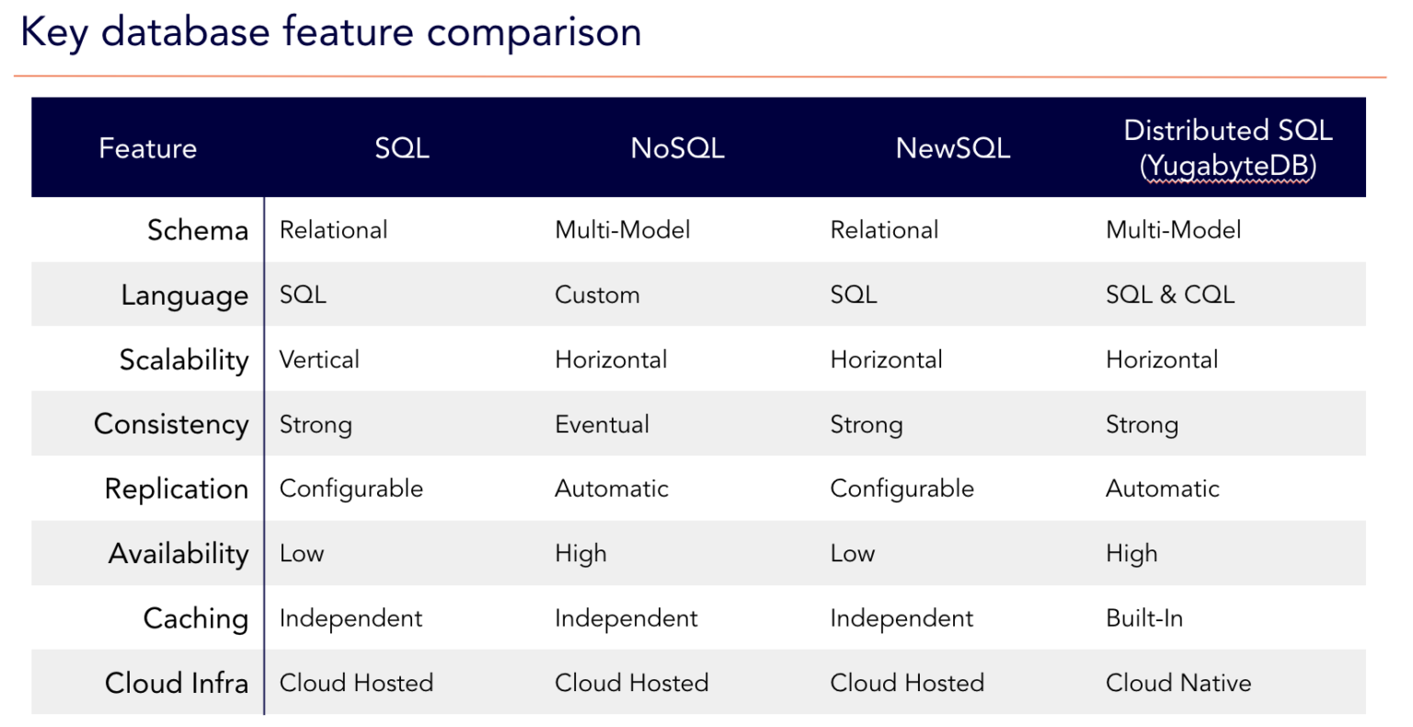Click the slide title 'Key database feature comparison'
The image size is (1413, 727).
point(331,33)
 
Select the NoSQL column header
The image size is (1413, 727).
point(677,148)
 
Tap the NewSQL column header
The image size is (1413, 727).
point(952,148)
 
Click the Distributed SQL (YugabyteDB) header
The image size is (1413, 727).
point(1227,148)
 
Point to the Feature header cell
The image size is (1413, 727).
point(147,148)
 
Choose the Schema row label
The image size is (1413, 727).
point(198,230)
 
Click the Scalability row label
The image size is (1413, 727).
point(184,360)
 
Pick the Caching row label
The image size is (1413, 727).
point(196,618)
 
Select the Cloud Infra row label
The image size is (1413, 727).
point(177,683)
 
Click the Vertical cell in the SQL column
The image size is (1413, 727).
point(319,360)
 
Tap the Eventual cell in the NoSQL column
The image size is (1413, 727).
point(602,424)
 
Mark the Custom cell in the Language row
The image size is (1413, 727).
point(597,295)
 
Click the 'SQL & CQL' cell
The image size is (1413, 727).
point(1169,295)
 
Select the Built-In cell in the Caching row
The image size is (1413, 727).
point(1144,618)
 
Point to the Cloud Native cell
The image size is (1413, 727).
point(1178,683)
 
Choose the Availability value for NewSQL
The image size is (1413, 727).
point(853,554)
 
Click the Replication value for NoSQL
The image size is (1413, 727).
point(611,489)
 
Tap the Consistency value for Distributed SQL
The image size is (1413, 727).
point(1142,424)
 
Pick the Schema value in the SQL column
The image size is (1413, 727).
point(333,230)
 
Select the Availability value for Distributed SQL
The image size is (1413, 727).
point(1132,554)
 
